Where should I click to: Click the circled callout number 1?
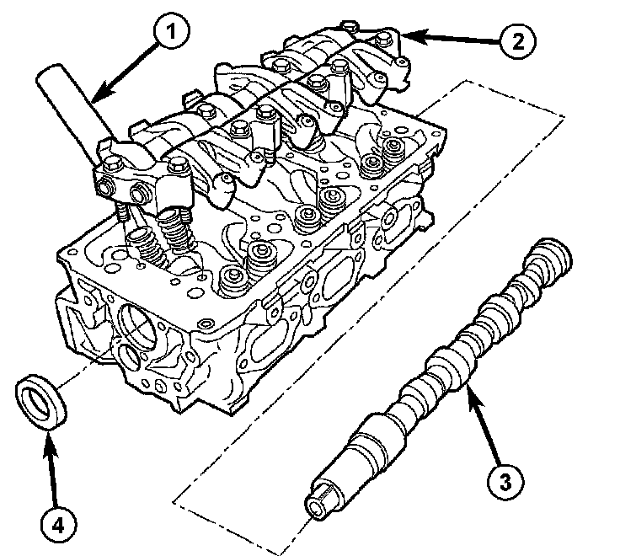pos(171,31)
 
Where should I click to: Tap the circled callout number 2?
pos(517,40)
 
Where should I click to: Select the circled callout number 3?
pos(505,483)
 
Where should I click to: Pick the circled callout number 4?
pos(58,526)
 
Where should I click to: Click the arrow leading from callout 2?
pos(452,38)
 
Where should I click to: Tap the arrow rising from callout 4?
pos(51,469)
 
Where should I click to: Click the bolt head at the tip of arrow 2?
pos(383,39)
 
